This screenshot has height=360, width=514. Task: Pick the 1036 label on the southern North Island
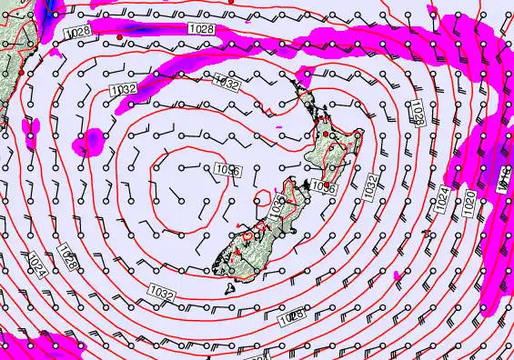324,185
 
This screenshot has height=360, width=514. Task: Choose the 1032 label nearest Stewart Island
162,293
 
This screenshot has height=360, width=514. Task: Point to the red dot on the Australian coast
20,70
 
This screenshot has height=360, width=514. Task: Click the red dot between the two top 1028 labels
120,36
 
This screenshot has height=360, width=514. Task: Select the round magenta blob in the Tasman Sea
91,141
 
